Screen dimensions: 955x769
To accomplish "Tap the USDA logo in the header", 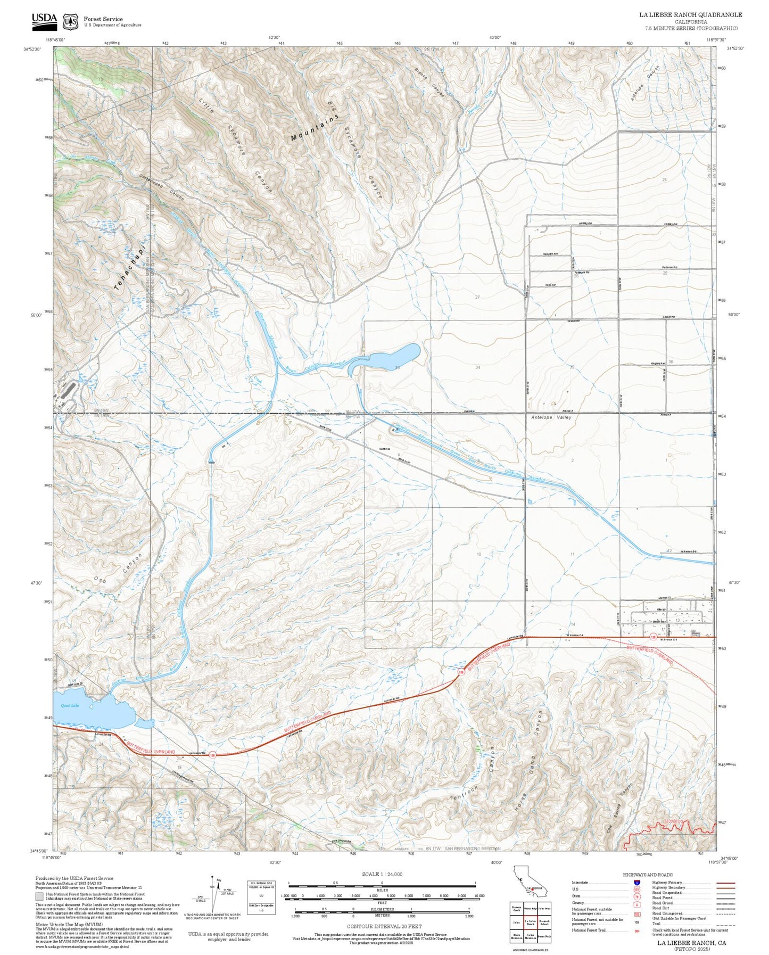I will [44, 20].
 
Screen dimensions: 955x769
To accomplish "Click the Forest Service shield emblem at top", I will [70, 21].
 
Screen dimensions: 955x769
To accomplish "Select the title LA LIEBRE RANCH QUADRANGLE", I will [690, 15].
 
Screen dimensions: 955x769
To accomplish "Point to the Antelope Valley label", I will [551, 417].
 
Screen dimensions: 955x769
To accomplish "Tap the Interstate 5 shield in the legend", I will [636, 882].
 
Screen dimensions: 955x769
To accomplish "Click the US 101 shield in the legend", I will [636, 889].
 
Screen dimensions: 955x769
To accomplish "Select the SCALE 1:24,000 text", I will [382, 874].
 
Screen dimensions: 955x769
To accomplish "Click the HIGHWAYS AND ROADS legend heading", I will [647, 875].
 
